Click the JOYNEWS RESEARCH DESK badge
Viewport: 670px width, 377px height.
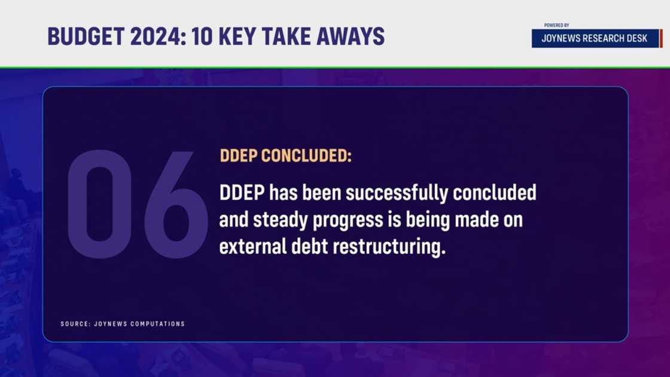tap(595, 38)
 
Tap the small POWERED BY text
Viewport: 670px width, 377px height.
tap(556, 25)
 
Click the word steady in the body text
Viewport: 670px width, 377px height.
tap(281, 220)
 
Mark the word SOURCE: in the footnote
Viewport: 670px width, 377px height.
tap(75, 324)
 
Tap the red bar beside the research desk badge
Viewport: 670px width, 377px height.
tap(662, 38)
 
